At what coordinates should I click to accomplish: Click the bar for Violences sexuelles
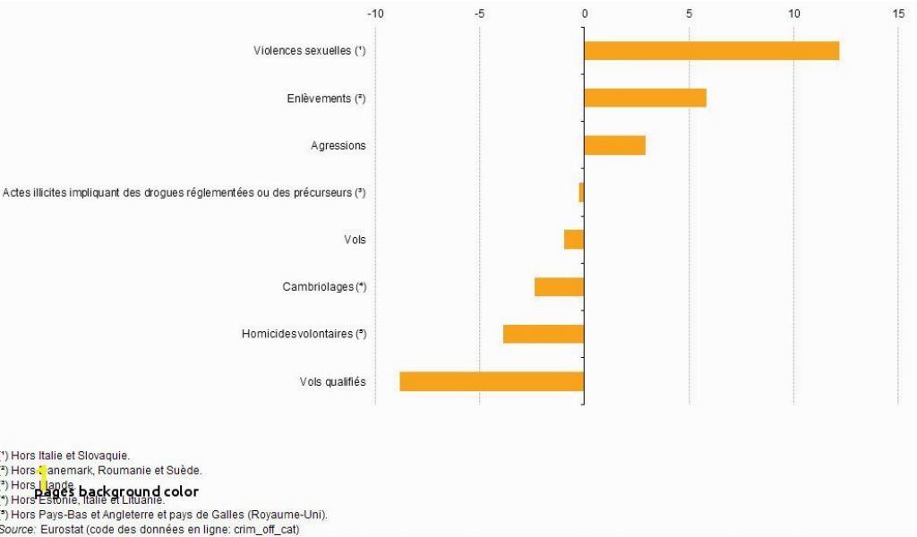tap(711, 51)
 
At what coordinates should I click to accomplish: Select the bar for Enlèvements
tap(645, 98)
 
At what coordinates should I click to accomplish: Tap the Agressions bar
tap(614, 145)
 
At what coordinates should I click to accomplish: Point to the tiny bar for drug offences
tap(581, 192)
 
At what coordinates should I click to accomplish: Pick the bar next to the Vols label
tap(574, 240)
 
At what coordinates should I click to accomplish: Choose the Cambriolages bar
tap(559, 286)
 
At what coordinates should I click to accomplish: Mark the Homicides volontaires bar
tap(544, 334)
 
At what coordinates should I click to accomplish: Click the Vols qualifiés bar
tap(492, 381)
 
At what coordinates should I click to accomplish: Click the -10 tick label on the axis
tap(375, 13)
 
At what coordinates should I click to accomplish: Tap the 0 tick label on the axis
tap(584, 13)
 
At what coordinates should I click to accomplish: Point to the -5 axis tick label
tap(479, 13)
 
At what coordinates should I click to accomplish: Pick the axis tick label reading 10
tap(793, 13)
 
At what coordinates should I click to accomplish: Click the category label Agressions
tap(339, 146)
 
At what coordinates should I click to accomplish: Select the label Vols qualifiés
tap(332, 382)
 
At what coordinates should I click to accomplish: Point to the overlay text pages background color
tap(116, 491)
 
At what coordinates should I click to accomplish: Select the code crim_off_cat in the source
tap(266, 530)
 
